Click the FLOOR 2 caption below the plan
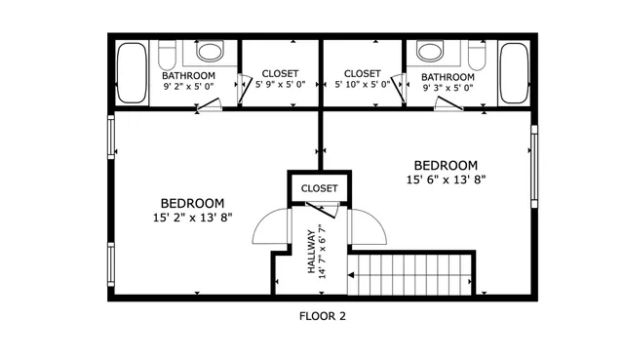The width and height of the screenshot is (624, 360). click(x=322, y=316)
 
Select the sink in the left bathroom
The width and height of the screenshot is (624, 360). click(x=210, y=51)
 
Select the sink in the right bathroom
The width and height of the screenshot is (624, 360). click(x=430, y=51)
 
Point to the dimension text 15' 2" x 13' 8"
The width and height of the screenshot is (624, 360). click(x=192, y=218)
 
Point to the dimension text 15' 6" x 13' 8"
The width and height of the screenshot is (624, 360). click(x=446, y=180)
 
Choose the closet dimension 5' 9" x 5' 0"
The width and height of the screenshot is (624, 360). click(x=281, y=86)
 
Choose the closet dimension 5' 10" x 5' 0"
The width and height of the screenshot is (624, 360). click(x=363, y=86)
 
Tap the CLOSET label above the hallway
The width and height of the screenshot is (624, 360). click(x=319, y=188)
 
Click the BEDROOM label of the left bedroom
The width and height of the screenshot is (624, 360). click(x=192, y=203)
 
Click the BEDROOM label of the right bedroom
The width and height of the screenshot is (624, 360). click(x=446, y=165)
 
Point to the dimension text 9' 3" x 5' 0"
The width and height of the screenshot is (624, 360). click(x=448, y=88)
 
